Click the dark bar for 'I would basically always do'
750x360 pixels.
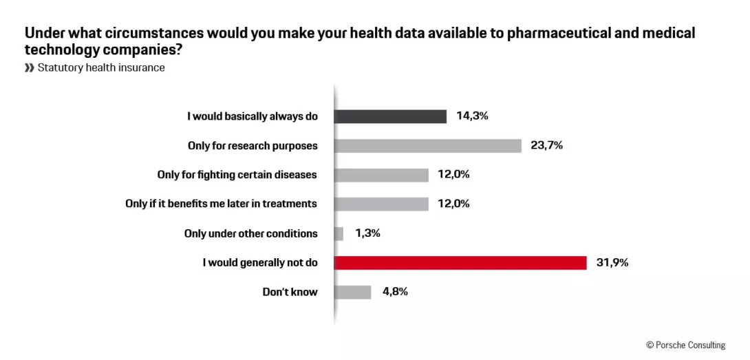[x=390, y=116]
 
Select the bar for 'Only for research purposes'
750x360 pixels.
[x=427, y=145]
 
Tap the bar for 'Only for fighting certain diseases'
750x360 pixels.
[x=381, y=175]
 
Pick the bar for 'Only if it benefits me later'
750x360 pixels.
[x=381, y=204]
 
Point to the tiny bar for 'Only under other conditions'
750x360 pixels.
[x=339, y=233]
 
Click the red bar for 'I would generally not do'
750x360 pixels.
[x=460, y=262]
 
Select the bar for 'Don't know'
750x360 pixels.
[x=352, y=292]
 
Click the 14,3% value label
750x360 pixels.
[x=472, y=116]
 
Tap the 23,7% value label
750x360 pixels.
[x=546, y=145]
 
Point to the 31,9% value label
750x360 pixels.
[x=612, y=262]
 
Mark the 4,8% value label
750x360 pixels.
[x=395, y=292]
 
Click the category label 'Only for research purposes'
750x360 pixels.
[x=253, y=145]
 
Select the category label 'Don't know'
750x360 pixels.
[x=290, y=292]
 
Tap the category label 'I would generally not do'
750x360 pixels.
[x=260, y=262]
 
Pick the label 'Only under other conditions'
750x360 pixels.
[x=250, y=233]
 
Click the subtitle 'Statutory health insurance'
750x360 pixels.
[x=101, y=67]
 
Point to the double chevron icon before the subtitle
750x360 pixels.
[x=29, y=67]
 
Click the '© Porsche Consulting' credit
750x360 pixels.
[x=685, y=345]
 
